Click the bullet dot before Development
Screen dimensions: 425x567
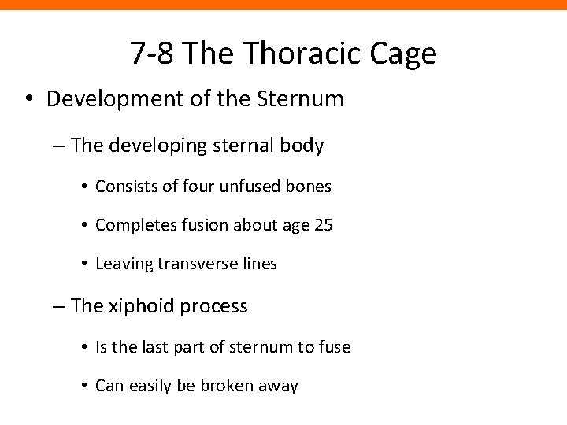28,100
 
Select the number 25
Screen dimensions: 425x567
324,225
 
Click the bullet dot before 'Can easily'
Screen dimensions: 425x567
83,386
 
